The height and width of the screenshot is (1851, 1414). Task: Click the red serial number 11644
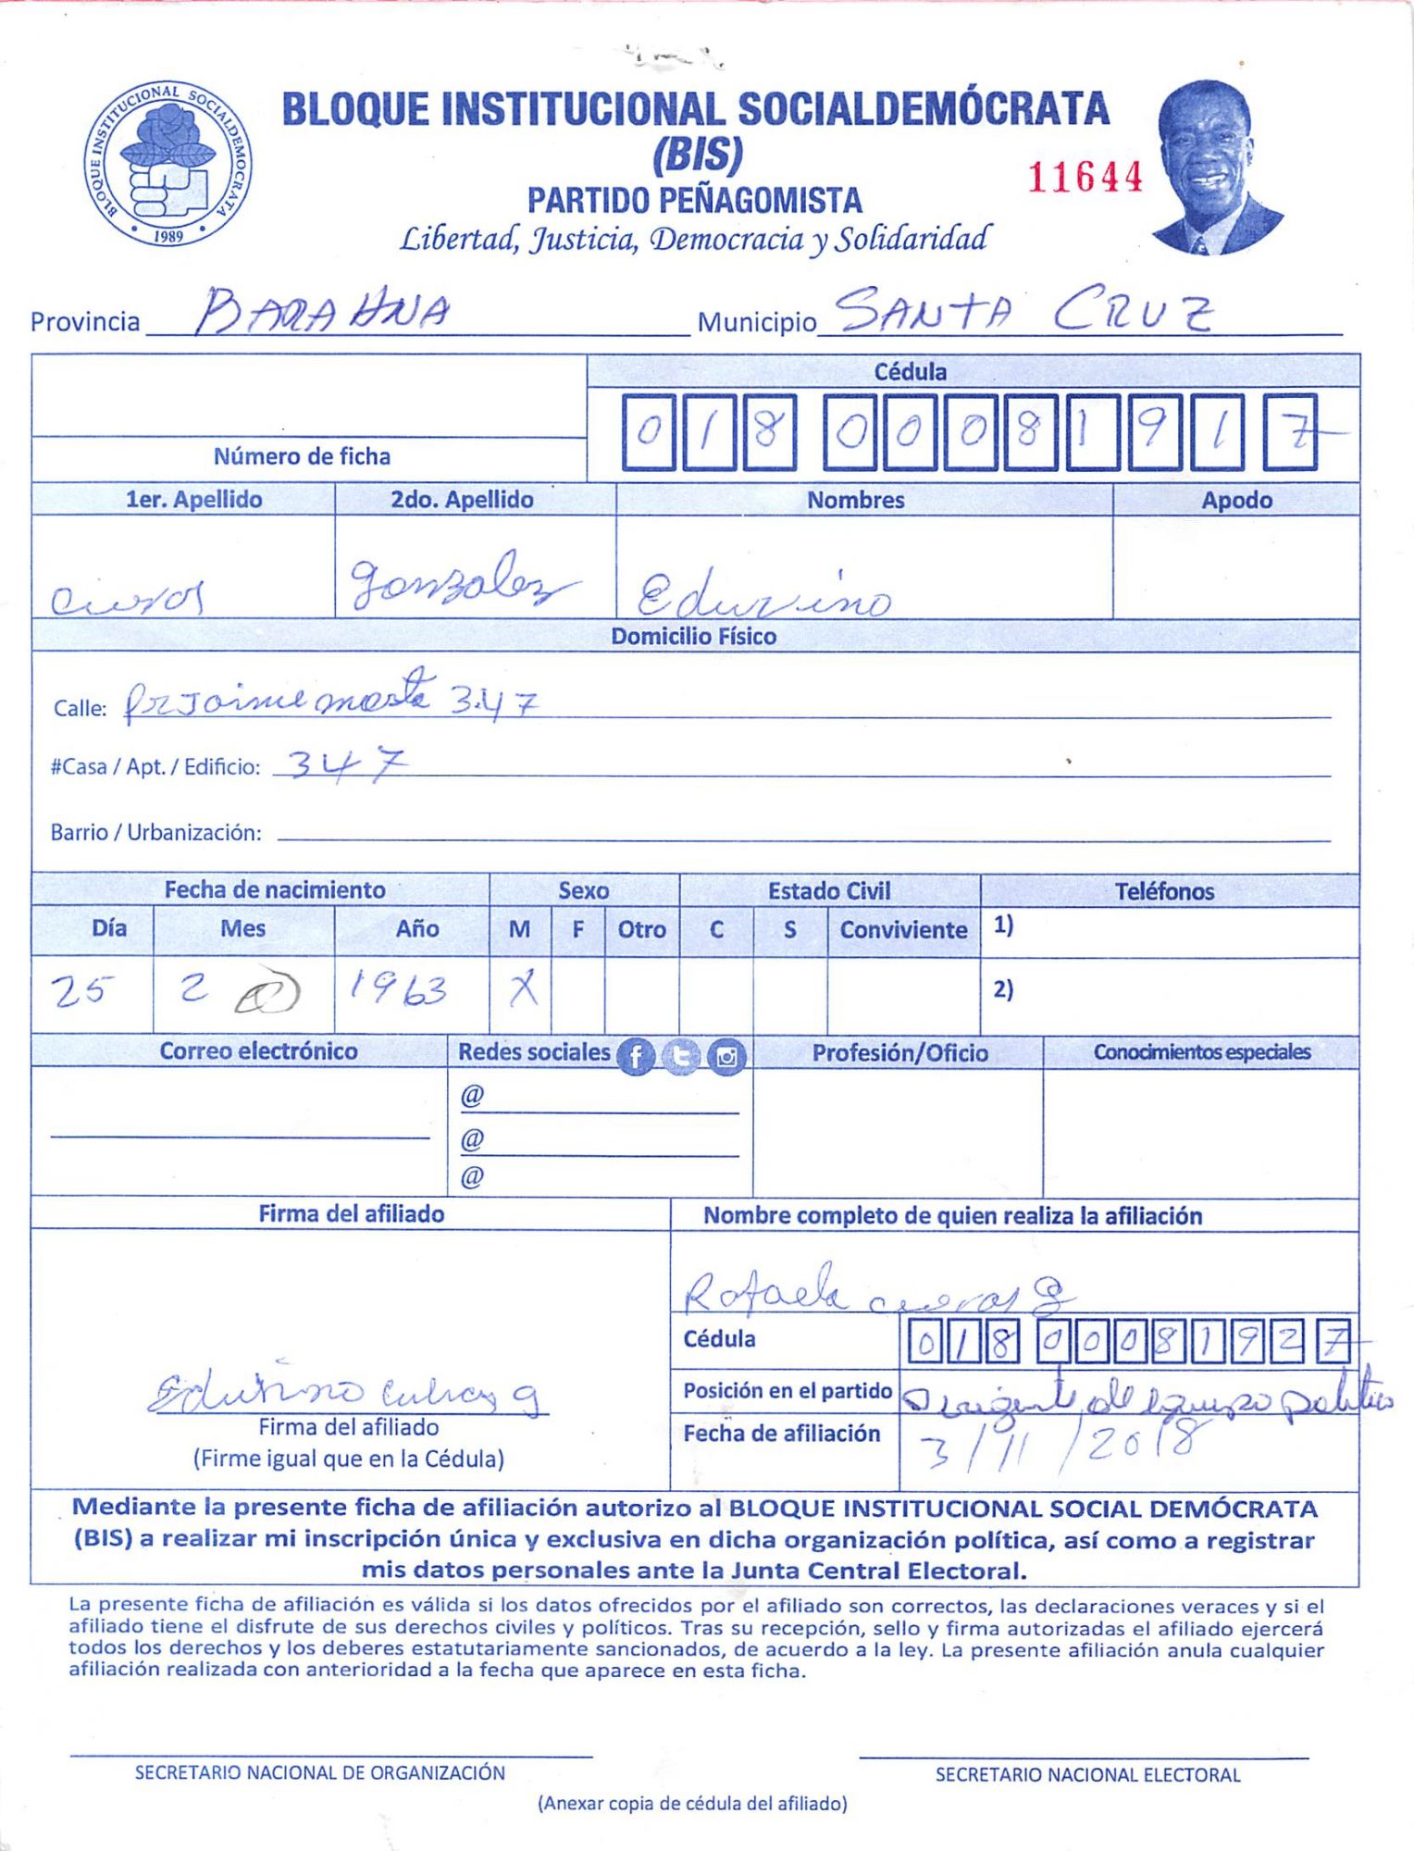[1085, 176]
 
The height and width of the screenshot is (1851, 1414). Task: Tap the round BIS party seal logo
[168, 163]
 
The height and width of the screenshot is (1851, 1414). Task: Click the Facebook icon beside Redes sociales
[636, 1056]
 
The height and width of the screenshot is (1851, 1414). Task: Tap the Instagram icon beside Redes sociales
[726, 1056]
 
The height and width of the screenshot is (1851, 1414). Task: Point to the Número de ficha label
[302, 456]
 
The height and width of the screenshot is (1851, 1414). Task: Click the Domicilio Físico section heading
[693, 636]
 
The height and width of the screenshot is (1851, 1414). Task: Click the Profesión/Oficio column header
[899, 1052]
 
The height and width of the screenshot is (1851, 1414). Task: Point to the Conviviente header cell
[903, 929]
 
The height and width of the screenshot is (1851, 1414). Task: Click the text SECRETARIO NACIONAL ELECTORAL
[1087, 1774]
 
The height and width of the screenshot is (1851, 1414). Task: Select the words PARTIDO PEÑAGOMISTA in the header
[694, 200]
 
